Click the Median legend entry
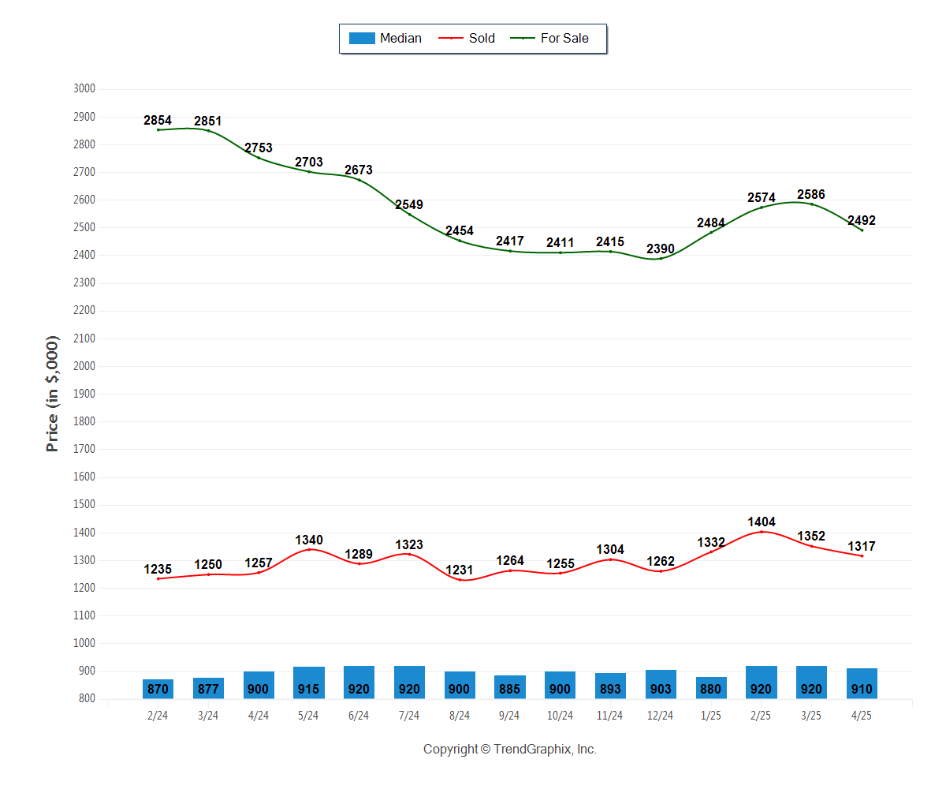(385, 38)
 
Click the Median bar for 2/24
(158, 689)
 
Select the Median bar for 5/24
(309, 683)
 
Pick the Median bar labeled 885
(510, 687)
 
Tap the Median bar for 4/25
(862, 684)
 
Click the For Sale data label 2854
(158, 121)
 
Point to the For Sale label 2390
(661, 249)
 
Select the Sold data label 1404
(762, 522)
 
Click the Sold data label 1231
(460, 570)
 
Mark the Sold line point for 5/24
(309, 549)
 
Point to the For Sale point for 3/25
(811, 204)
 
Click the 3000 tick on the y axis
(84, 89)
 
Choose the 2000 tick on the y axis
(84, 366)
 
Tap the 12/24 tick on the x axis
(661, 716)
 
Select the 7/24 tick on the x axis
(409, 716)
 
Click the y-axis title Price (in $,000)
(53, 394)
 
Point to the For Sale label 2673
(359, 170)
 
